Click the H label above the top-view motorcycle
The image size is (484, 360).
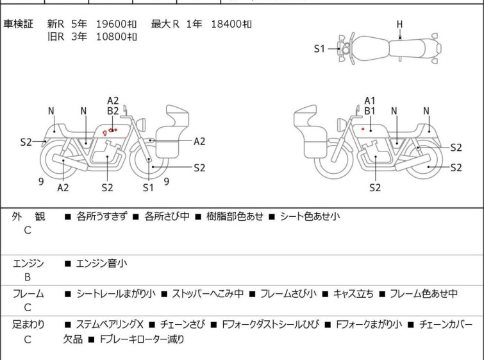[400, 24]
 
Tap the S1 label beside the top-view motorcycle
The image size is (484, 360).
[319, 49]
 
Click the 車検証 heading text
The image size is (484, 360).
[18, 24]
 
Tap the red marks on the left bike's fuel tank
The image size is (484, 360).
[110, 132]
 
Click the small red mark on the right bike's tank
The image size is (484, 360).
[363, 129]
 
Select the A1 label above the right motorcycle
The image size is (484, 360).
[369, 101]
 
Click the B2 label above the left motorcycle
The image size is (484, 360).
[113, 111]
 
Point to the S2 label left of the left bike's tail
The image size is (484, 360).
[26, 142]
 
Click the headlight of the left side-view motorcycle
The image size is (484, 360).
[141, 125]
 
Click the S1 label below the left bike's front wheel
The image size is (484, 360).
[148, 187]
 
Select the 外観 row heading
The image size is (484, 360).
[28, 217]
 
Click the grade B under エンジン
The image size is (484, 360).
[28, 277]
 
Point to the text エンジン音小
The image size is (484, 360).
[101, 264]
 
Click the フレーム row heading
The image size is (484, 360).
[28, 293]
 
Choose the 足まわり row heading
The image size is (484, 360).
[28, 325]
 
